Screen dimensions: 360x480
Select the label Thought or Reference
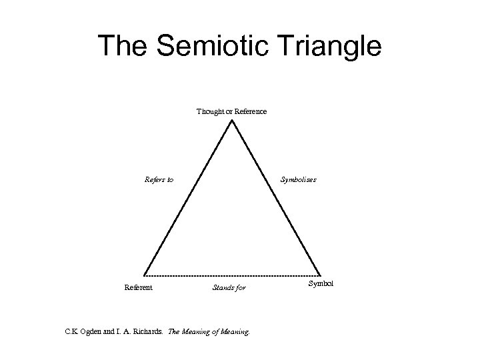pyautogui.click(x=231, y=111)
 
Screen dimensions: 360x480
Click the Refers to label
pyautogui.click(x=159, y=179)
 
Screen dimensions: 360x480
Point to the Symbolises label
pyautogui.click(x=298, y=179)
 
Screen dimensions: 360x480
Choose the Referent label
pyautogui.click(x=139, y=287)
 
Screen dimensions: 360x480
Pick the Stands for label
pyautogui.click(x=229, y=288)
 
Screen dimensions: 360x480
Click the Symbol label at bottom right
pyautogui.click(x=321, y=284)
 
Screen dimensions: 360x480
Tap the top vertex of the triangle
pyautogui.click(x=231, y=121)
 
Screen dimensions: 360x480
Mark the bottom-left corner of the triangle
pyautogui.click(x=144, y=275)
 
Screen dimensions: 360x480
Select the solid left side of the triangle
pyautogui.click(x=187, y=198)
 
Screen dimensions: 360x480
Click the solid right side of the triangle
pyautogui.click(x=275, y=198)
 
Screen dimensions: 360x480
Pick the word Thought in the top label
pyautogui.click(x=210, y=111)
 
